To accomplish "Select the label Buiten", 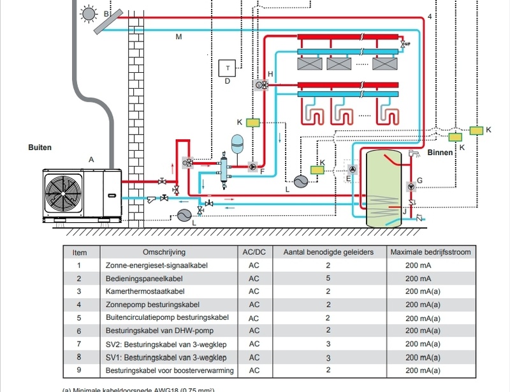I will (x=40, y=147).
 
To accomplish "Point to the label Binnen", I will (x=441, y=153).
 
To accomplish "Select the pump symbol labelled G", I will (x=411, y=187).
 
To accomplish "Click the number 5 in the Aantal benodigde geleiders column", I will (x=328, y=278).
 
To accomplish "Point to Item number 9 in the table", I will (x=78, y=370).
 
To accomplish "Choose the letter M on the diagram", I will (x=178, y=37).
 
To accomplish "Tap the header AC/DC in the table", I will (x=254, y=252).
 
